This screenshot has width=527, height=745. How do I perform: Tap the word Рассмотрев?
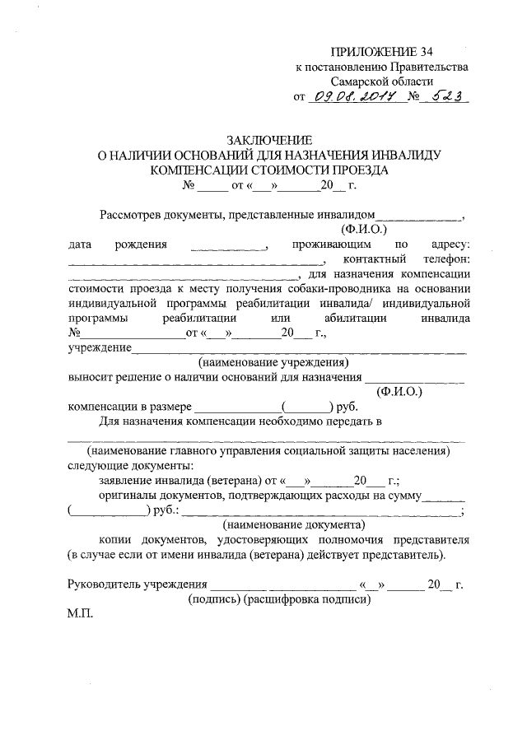pos(131,215)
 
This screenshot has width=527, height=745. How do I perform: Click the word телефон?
pos(441,259)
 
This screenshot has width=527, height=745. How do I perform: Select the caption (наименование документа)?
pos(294,524)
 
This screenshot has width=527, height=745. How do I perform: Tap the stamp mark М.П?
pos(80,614)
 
